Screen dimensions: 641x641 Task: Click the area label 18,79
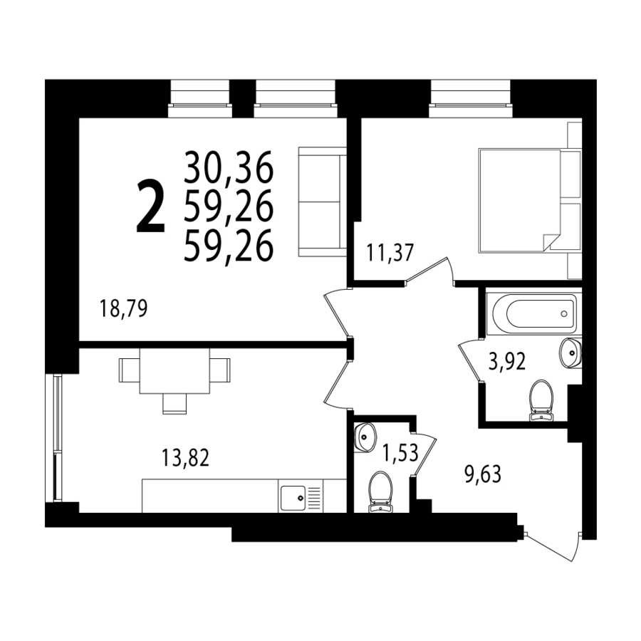click(x=123, y=308)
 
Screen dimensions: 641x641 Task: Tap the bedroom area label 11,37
click(x=390, y=252)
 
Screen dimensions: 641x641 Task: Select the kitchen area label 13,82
click(x=186, y=457)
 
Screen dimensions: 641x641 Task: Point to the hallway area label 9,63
click(x=483, y=474)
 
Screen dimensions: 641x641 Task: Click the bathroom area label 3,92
click(x=507, y=361)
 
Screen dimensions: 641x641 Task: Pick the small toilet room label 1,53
click(x=400, y=452)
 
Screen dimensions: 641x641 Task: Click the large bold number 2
click(x=151, y=208)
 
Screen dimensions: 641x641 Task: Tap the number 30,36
click(x=229, y=167)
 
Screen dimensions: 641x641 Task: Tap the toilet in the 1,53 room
click(x=380, y=491)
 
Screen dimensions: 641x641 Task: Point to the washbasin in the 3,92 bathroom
click(x=570, y=353)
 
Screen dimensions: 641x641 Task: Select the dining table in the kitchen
click(x=174, y=370)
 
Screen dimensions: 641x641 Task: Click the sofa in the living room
click(x=322, y=202)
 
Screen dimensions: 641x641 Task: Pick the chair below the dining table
click(x=174, y=404)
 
